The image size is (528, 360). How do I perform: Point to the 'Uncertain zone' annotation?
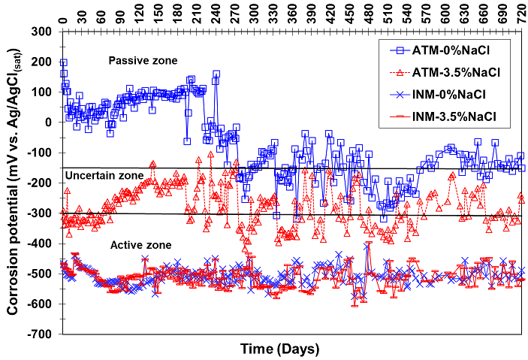click(104, 175)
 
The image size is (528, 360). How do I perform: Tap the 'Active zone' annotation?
click(139, 245)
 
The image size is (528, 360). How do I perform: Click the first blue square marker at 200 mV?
click(63, 62)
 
